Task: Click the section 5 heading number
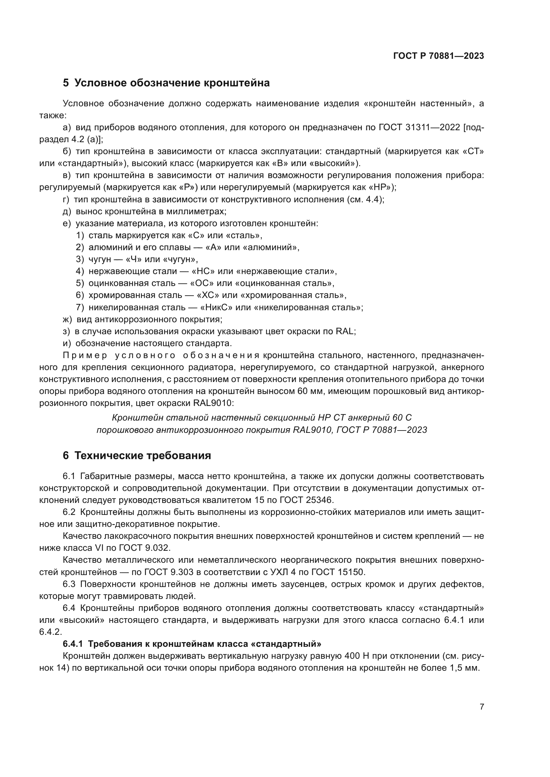coord(66,83)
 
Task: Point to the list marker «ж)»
coord(68,319)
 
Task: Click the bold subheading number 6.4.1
coord(73,643)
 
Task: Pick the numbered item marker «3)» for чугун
coord(80,259)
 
